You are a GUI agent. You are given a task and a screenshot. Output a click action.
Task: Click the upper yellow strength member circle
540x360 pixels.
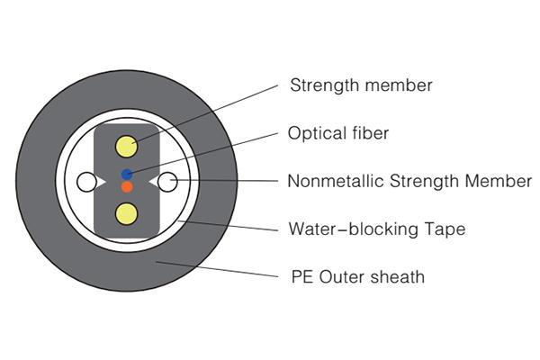[x=126, y=147]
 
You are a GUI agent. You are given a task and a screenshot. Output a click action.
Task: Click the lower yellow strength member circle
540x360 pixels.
[x=126, y=212]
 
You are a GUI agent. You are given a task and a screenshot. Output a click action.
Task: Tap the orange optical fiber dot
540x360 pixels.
[x=127, y=186]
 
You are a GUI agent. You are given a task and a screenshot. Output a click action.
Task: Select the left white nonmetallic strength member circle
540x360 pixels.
[x=86, y=183]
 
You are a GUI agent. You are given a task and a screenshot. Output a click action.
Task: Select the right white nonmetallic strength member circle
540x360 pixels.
[x=166, y=183]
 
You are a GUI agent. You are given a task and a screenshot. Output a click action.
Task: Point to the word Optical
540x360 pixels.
[x=313, y=133]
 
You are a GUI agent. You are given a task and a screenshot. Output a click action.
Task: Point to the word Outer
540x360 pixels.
[x=338, y=276]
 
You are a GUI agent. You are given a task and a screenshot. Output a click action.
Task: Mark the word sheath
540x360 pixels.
[x=396, y=276]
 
